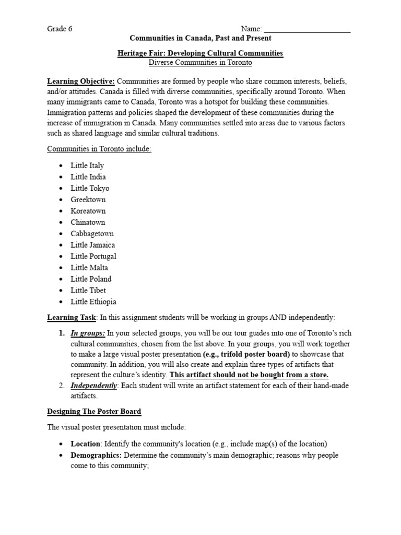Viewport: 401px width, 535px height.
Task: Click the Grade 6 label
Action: pyautogui.click(x=60, y=29)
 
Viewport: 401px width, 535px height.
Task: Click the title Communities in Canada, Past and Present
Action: pyautogui.click(x=200, y=38)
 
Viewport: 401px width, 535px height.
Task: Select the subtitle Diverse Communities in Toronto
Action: pyautogui.click(x=200, y=63)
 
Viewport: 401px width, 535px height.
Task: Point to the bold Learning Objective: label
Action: pyautogui.click(x=81, y=82)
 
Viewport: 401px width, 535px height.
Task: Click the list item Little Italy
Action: pyautogui.click(x=87, y=166)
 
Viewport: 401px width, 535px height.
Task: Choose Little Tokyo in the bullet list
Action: pyautogui.click(x=90, y=188)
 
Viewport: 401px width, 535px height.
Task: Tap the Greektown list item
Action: pyautogui.click(x=88, y=200)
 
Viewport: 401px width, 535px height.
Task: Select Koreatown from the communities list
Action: pyautogui.click(x=88, y=211)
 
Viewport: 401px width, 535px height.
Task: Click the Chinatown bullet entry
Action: pyautogui.click(x=88, y=222)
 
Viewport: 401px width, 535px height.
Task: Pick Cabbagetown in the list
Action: pyautogui.click(x=92, y=234)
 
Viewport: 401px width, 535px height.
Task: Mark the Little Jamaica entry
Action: pyautogui.click(x=93, y=245)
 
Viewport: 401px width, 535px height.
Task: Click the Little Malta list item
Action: pyautogui.click(x=89, y=267)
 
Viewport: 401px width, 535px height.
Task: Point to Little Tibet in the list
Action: pyautogui.click(x=88, y=290)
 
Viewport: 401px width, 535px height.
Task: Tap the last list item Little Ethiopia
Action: pyautogui.click(x=93, y=301)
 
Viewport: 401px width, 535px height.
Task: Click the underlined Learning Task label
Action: pyautogui.click(x=72, y=317)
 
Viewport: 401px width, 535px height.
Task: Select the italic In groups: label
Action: pyautogui.click(x=88, y=333)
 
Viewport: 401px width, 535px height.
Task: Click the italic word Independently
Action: pyautogui.click(x=93, y=386)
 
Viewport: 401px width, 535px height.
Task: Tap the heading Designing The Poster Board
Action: pyautogui.click(x=94, y=412)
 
